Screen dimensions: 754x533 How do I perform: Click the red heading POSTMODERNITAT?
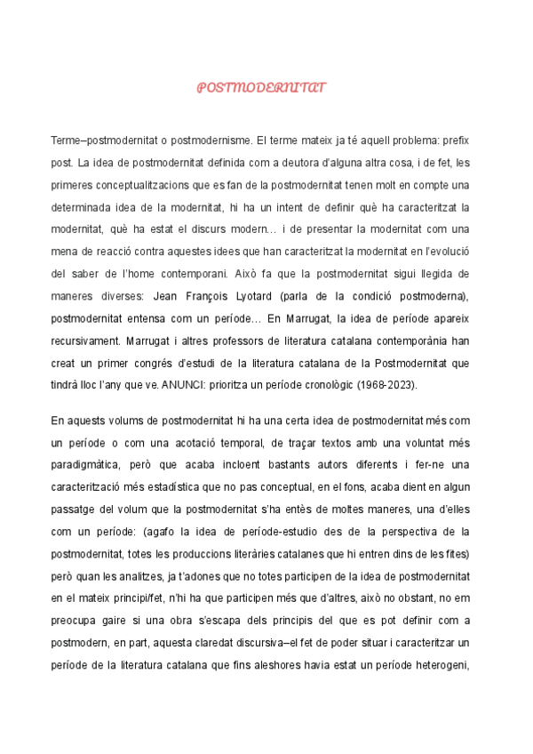261,88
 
